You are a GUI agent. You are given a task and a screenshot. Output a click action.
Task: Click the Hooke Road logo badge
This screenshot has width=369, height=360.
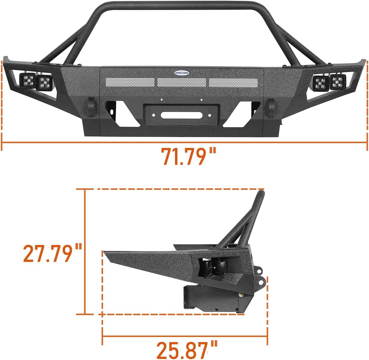click(182, 73)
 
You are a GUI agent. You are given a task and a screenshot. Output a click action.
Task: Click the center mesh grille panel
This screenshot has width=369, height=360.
click(182, 83)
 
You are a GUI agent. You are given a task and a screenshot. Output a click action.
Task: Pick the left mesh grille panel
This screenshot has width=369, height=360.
click(130, 83)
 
